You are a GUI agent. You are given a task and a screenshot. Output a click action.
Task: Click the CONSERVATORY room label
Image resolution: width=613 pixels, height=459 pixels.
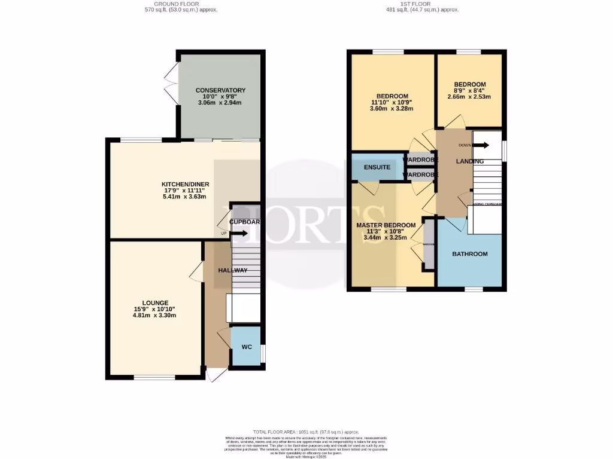pyautogui.click(x=220, y=90)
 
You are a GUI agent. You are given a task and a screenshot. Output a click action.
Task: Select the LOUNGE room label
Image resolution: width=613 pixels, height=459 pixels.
pyautogui.click(x=155, y=302)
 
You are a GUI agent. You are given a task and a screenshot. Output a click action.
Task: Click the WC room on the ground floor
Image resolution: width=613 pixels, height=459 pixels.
pyautogui.click(x=247, y=347)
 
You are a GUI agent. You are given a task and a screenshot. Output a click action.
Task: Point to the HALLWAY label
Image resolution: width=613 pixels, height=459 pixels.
pyautogui.click(x=233, y=270)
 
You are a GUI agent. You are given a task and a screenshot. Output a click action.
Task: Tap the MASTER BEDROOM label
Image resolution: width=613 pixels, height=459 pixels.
pyautogui.click(x=386, y=225)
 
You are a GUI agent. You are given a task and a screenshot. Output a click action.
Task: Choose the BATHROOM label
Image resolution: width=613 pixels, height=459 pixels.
pyautogui.click(x=469, y=254)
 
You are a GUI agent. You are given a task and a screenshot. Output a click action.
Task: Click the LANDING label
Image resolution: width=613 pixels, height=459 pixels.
pyautogui.click(x=469, y=161)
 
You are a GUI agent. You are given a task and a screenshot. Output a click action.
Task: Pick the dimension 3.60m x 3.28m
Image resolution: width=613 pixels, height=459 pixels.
pyautogui.click(x=392, y=109)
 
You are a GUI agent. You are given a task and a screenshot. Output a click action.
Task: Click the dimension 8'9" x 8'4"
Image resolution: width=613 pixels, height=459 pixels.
pyautogui.click(x=469, y=90)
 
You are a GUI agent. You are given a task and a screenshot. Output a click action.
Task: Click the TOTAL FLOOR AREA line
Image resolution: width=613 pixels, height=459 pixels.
pyautogui.click(x=306, y=432)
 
